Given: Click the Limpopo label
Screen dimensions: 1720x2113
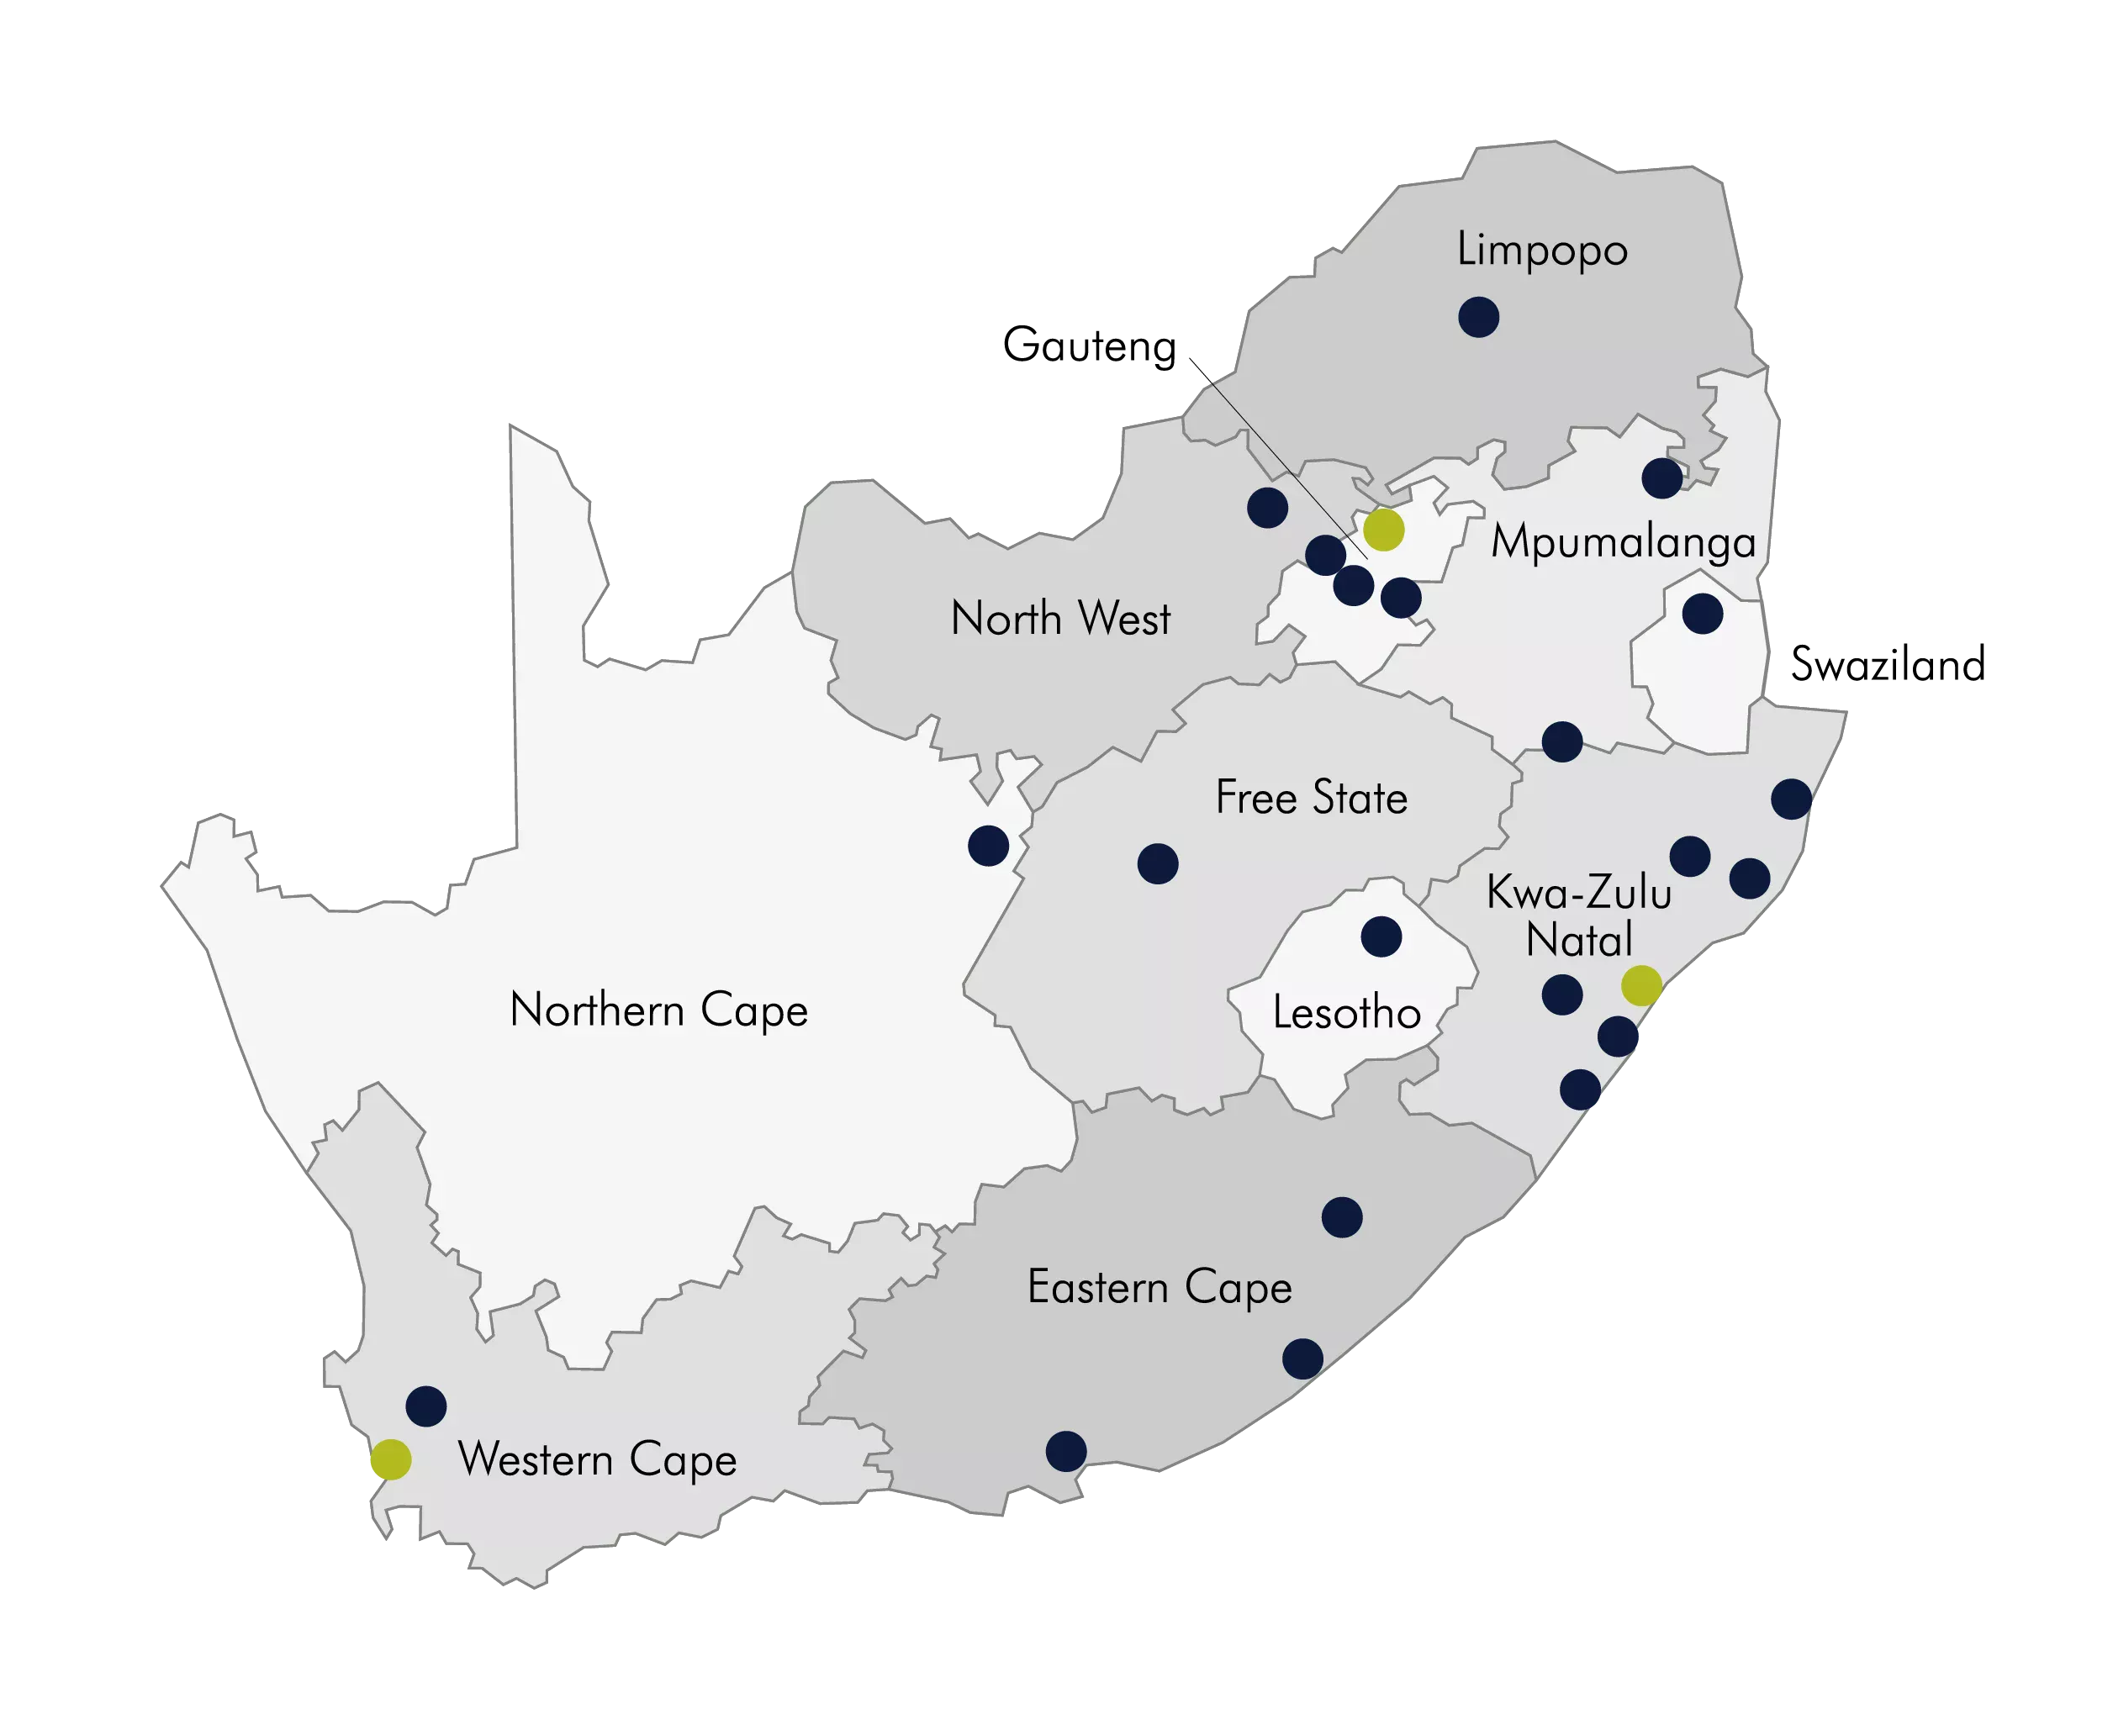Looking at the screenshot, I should [1541, 250].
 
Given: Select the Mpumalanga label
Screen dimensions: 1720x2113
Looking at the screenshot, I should [1624, 542].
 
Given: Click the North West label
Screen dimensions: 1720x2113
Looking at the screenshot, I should [1060, 618].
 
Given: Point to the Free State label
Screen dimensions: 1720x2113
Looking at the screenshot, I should [1311, 798].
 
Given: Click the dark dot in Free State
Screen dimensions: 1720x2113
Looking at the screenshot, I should [1158, 864].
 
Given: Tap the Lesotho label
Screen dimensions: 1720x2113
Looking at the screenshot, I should [1346, 1012].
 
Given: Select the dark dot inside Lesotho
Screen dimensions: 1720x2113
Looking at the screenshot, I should [1381, 937].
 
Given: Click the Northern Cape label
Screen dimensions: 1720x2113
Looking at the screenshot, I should [659, 1010].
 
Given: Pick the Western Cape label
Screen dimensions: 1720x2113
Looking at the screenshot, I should [598, 1459].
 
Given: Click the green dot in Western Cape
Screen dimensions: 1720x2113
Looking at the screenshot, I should [390, 1459].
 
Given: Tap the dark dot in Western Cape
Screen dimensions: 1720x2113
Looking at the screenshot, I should [426, 1406].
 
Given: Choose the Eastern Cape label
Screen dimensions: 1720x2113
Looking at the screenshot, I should [1160, 1287].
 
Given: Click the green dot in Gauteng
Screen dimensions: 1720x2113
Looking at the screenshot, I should [1383, 530].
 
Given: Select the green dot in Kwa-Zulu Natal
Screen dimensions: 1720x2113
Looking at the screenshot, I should [1641, 986].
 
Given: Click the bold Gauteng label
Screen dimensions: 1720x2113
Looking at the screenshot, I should [1088, 346].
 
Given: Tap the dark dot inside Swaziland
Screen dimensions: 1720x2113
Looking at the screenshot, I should [1703, 615].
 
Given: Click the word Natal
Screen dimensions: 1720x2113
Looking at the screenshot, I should [1579, 939].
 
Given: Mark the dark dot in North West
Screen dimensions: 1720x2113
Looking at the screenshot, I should [1268, 507].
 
